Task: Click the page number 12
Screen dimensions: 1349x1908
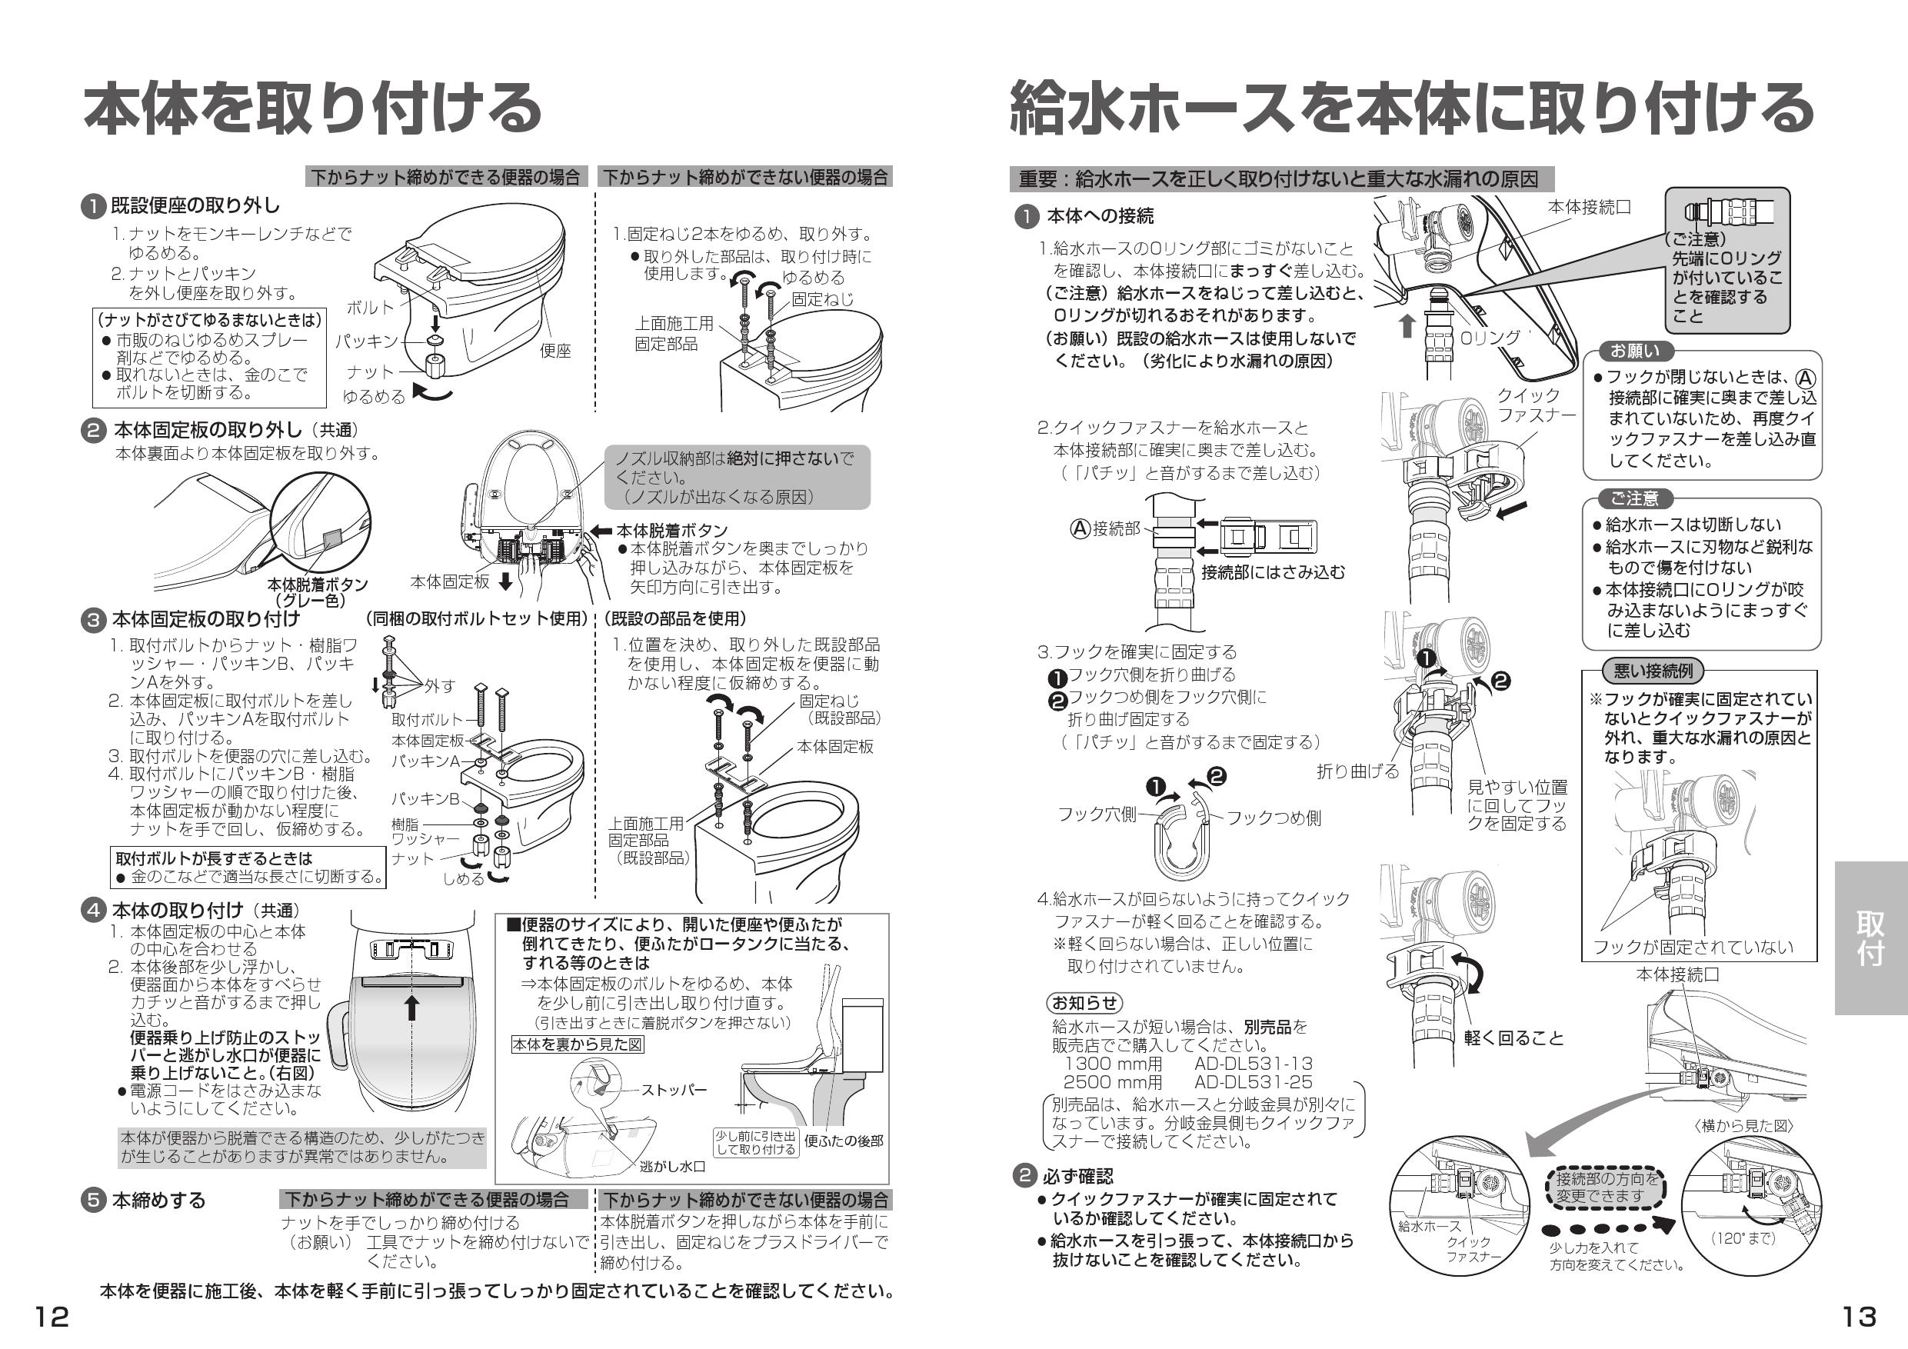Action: point(52,1317)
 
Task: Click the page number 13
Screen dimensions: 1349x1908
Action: point(1859,1317)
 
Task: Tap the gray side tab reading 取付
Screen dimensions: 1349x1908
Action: point(1870,938)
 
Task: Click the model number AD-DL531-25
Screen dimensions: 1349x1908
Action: point(1254,1081)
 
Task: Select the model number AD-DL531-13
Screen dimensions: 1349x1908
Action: point(1254,1063)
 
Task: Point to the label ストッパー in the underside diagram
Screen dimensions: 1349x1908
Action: point(673,1090)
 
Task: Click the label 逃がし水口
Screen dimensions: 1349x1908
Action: point(672,1166)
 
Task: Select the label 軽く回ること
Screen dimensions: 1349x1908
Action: point(1513,1038)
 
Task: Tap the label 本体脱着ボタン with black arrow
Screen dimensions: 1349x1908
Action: point(671,530)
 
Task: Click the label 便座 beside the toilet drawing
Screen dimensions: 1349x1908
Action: point(555,351)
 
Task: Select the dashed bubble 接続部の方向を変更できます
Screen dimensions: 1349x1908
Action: point(1607,1187)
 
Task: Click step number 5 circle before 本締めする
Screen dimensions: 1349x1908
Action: point(93,1201)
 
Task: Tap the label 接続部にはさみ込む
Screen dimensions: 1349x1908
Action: point(1272,572)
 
